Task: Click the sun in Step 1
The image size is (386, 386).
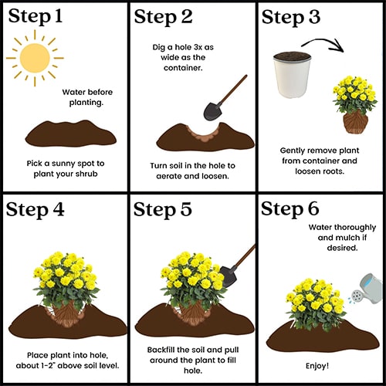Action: coord(35,58)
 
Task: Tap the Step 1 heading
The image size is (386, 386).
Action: coord(36,16)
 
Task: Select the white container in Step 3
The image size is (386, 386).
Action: coord(292,75)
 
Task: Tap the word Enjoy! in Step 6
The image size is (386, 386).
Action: coord(317,366)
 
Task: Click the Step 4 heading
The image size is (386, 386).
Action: coord(35,209)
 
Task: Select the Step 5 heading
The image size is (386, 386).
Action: coord(163,209)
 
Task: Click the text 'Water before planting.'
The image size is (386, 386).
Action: coord(87,97)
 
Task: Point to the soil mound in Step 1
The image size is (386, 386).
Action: coord(71,134)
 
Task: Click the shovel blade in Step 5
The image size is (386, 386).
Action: coord(229,276)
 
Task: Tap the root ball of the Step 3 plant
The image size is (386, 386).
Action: coord(356,122)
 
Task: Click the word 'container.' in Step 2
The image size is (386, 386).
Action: coord(183,68)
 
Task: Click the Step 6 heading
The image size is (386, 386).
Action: coord(290,208)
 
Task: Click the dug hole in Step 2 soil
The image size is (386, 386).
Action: coord(204,132)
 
